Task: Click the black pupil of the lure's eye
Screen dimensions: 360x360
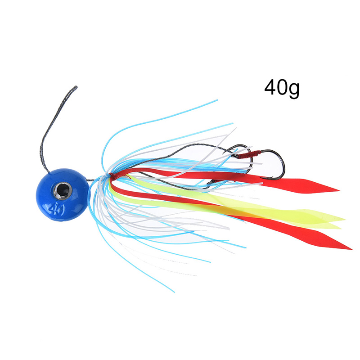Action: tap(63, 190)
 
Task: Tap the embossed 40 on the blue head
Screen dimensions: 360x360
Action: tap(56, 209)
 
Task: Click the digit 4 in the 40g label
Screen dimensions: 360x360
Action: tap(270, 87)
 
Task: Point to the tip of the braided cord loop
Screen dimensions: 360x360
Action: tap(76, 87)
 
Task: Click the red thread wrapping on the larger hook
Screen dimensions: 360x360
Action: tap(249, 154)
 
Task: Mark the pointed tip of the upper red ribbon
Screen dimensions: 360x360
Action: tap(339, 190)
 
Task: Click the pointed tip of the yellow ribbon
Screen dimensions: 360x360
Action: tap(344, 220)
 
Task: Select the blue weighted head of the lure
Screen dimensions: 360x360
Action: tap(63, 195)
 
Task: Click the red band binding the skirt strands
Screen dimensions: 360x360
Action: tap(113, 175)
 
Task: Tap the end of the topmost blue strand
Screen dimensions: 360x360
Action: tap(217, 100)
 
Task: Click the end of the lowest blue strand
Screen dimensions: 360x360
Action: tap(174, 292)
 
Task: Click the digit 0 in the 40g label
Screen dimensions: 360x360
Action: tap(282, 87)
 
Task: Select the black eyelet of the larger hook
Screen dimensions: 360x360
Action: tap(211, 183)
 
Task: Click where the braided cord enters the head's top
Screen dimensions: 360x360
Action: tap(49, 171)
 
